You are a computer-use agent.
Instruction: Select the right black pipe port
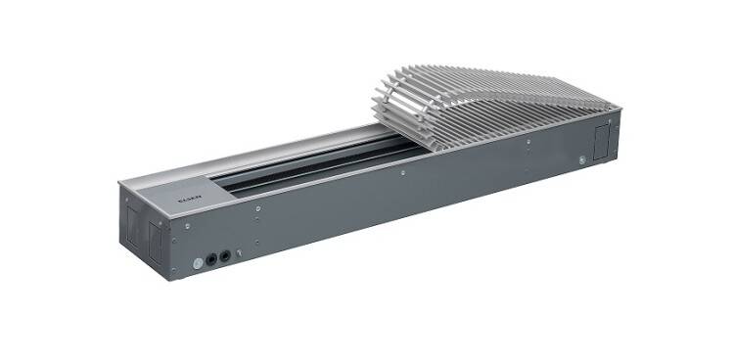225,257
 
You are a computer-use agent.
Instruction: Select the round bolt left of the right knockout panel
583,157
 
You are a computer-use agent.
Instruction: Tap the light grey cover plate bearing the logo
186,186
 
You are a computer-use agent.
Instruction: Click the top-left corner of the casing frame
118,182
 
